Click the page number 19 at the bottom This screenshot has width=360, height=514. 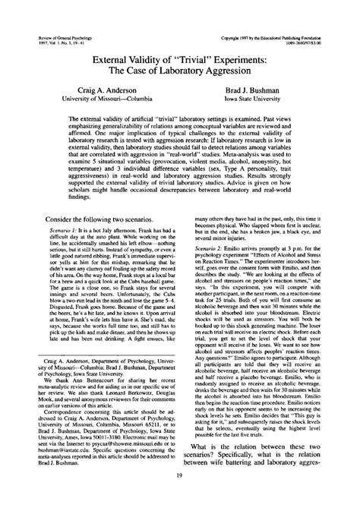[179, 497]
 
